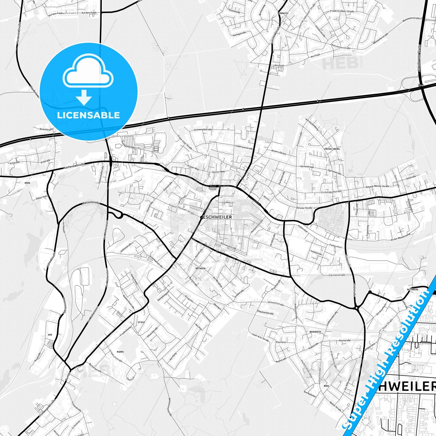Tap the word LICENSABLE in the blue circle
88,115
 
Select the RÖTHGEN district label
200,268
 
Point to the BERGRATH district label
315,332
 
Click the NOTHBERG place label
413,289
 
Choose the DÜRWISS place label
284,14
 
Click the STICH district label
141,322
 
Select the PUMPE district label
120,352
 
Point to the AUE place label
50,335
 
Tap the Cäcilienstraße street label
337,275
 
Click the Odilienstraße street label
91,203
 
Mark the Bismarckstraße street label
228,246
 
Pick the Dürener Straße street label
304,208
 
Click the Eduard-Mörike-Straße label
377,186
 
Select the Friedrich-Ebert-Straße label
342,11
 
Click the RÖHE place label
27,183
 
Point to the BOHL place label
326,386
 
